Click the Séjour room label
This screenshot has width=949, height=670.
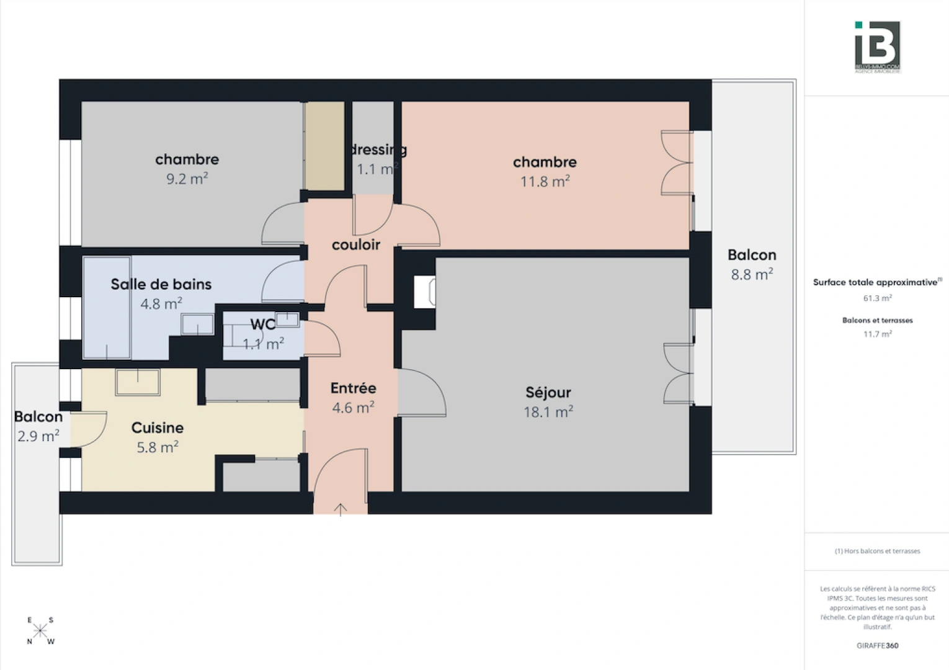click(x=548, y=392)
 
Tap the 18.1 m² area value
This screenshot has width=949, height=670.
click(x=548, y=412)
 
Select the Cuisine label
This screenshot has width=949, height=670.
click(x=158, y=427)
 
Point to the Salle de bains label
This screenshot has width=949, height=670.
click(x=161, y=284)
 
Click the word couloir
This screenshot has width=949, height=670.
click(x=356, y=244)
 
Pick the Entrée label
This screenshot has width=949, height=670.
click(x=353, y=388)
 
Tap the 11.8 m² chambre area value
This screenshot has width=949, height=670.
click(x=545, y=182)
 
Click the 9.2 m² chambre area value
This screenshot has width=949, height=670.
click(x=187, y=179)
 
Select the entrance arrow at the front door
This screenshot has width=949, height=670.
click(x=341, y=509)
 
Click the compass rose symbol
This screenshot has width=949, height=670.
click(x=40, y=631)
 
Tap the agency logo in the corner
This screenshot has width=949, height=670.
click(x=877, y=47)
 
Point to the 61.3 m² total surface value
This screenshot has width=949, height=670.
click(x=877, y=298)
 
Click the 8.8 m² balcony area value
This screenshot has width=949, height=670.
click(x=752, y=275)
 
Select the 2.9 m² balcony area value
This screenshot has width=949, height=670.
click(x=38, y=436)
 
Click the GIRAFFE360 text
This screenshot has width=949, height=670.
click(x=877, y=646)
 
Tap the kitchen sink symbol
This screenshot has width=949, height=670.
click(x=138, y=382)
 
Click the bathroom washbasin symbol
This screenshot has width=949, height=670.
click(x=197, y=324)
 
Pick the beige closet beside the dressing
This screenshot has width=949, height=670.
click(x=324, y=146)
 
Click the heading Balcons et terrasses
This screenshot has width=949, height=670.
click(x=877, y=321)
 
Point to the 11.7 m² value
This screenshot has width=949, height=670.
click(x=877, y=334)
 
